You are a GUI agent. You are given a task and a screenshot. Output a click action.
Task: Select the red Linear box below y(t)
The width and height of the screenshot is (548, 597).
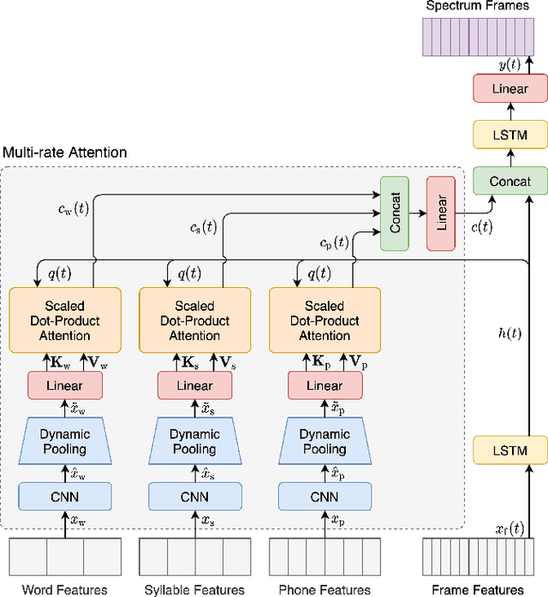(509, 88)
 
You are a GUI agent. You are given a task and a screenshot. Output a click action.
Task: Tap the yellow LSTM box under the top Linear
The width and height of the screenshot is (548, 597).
(509, 134)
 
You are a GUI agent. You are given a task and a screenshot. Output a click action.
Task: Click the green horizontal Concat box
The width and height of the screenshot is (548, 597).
(509, 181)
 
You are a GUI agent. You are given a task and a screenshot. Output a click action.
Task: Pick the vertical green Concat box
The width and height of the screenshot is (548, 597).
(395, 213)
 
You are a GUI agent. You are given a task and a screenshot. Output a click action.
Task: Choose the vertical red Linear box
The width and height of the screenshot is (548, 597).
(442, 213)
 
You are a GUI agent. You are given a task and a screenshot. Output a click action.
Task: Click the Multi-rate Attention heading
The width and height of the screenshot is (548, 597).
(65, 152)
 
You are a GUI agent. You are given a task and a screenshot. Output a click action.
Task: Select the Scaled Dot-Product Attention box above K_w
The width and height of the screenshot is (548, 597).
(65, 320)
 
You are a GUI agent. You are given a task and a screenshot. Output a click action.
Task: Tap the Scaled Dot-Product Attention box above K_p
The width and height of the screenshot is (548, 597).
(325, 320)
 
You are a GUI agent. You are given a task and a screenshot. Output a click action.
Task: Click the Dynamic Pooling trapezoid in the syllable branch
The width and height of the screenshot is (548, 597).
(194, 441)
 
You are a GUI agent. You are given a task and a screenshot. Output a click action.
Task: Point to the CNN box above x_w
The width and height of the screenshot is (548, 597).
(65, 496)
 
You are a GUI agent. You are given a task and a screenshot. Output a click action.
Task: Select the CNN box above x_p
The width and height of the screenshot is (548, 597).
(325, 496)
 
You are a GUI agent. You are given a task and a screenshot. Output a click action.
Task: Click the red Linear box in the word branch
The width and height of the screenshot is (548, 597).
(65, 385)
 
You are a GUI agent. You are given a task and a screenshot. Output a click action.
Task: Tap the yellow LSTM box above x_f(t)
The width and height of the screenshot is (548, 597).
(509, 450)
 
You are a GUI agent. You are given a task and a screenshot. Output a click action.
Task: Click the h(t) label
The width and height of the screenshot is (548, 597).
(509, 334)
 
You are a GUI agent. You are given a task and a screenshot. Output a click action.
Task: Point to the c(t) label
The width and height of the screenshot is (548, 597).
(481, 227)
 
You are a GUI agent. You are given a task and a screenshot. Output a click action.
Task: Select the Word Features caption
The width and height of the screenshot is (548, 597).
(65, 589)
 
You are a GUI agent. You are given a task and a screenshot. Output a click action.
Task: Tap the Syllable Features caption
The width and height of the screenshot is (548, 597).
(194, 589)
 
